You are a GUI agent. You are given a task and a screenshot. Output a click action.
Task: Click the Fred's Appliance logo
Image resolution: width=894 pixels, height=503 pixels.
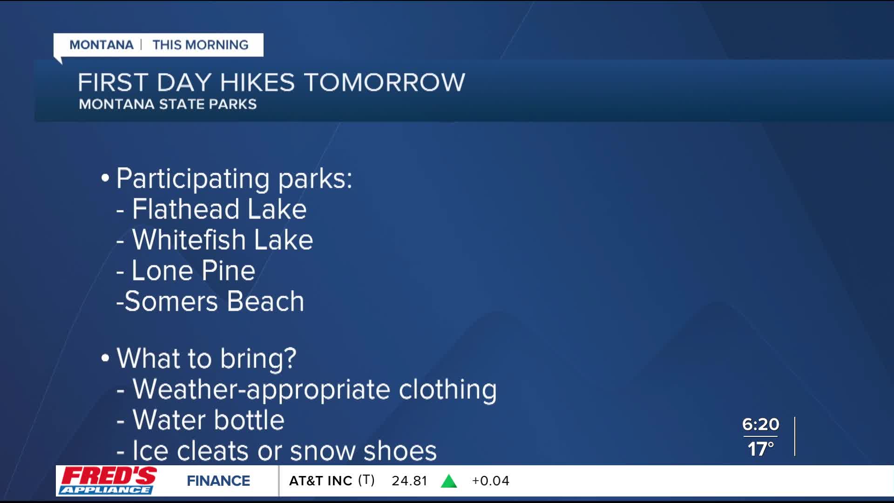click(x=108, y=480)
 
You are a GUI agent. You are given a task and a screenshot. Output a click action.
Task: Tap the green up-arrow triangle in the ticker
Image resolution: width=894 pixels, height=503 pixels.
click(x=449, y=481)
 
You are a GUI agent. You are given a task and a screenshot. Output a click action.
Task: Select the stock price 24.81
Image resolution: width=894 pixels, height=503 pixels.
click(x=409, y=481)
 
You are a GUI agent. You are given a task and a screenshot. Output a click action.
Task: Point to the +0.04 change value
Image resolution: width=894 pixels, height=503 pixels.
click(x=491, y=481)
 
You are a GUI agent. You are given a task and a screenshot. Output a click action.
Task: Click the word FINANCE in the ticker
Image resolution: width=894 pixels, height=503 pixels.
click(x=218, y=481)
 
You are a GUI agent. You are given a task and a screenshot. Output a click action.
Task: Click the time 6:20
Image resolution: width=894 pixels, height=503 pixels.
click(x=760, y=424)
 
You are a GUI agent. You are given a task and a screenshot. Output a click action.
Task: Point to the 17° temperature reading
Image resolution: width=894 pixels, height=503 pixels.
click(x=760, y=449)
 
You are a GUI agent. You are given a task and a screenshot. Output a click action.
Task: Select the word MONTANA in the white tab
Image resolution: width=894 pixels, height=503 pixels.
click(x=102, y=45)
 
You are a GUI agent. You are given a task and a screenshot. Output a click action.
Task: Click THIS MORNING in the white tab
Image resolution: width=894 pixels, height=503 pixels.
click(x=201, y=45)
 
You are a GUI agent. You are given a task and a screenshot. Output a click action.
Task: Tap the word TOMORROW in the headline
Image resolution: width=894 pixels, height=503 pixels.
click(x=385, y=82)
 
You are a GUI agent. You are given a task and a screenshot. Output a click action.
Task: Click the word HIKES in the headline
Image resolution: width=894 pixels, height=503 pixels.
click(x=257, y=82)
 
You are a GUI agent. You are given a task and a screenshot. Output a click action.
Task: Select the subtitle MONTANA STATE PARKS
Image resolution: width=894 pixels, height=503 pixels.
click(x=168, y=104)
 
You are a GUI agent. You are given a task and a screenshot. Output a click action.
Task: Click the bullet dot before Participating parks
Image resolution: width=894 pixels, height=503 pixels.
click(x=105, y=178)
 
